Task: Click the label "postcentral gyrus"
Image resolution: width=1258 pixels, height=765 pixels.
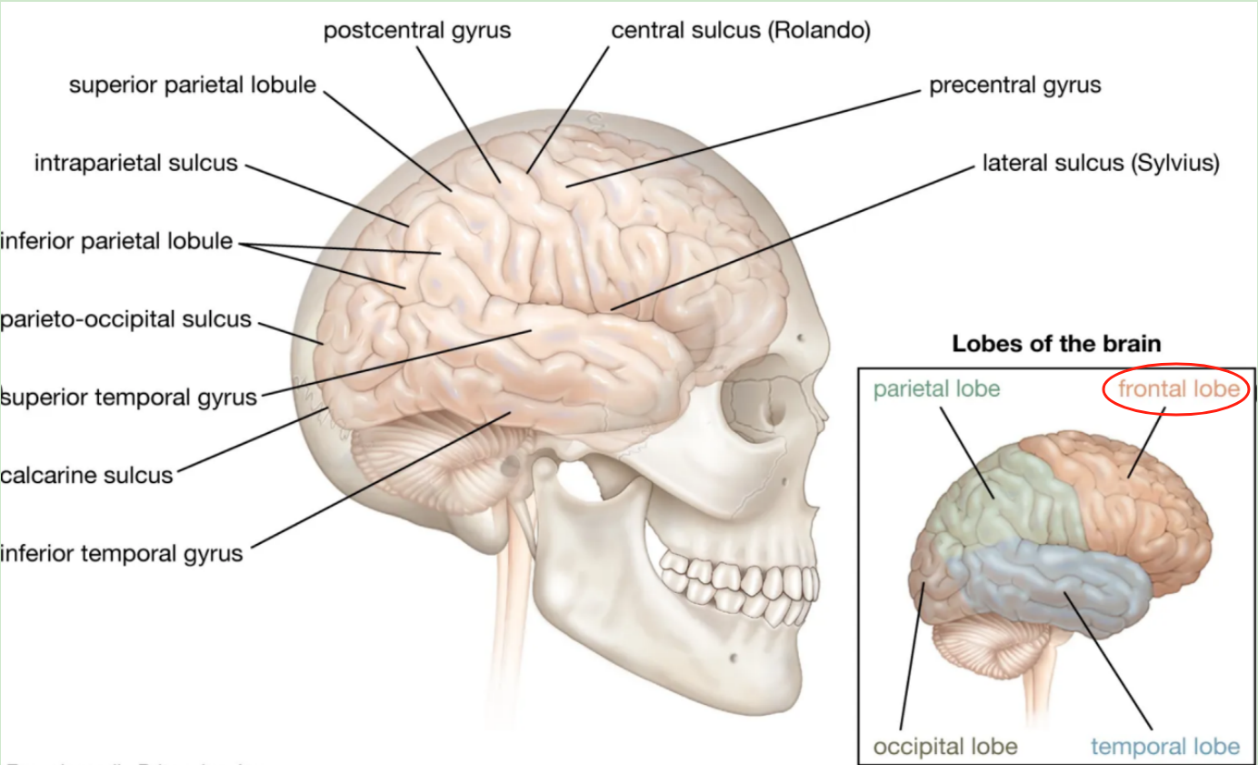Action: [x=417, y=31]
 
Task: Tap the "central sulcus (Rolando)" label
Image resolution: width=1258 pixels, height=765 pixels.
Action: [x=741, y=31]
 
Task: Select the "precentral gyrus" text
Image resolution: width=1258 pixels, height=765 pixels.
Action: [x=1014, y=86]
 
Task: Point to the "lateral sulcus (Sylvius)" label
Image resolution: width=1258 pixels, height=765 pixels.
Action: [x=1101, y=164]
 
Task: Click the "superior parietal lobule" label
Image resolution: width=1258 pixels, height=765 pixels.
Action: [x=193, y=86]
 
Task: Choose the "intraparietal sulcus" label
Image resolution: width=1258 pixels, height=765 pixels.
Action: [x=136, y=164]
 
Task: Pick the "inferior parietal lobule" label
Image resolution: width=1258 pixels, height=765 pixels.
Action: [x=116, y=243]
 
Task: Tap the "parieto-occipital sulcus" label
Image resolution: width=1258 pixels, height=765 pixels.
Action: [x=125, y=320]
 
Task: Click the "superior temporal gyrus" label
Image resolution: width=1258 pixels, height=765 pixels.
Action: [x=129, y=398]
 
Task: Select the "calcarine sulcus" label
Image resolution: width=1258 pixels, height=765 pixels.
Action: [x=86, y=474]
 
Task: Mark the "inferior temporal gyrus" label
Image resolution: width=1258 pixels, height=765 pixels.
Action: [x=122, y=552]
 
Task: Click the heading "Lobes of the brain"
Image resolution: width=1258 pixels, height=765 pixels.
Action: [x=1056, y=345]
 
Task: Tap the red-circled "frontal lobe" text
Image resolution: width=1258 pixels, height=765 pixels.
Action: [x=1178, y=389]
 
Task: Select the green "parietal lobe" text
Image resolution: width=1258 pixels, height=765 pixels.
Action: [x=936, y=389]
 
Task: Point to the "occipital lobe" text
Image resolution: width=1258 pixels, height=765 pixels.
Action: [x=945, y=747]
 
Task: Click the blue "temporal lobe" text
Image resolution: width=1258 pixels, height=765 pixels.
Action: [x=1165, y=747]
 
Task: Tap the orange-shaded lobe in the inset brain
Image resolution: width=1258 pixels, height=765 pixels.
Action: [x=1145, y=509]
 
